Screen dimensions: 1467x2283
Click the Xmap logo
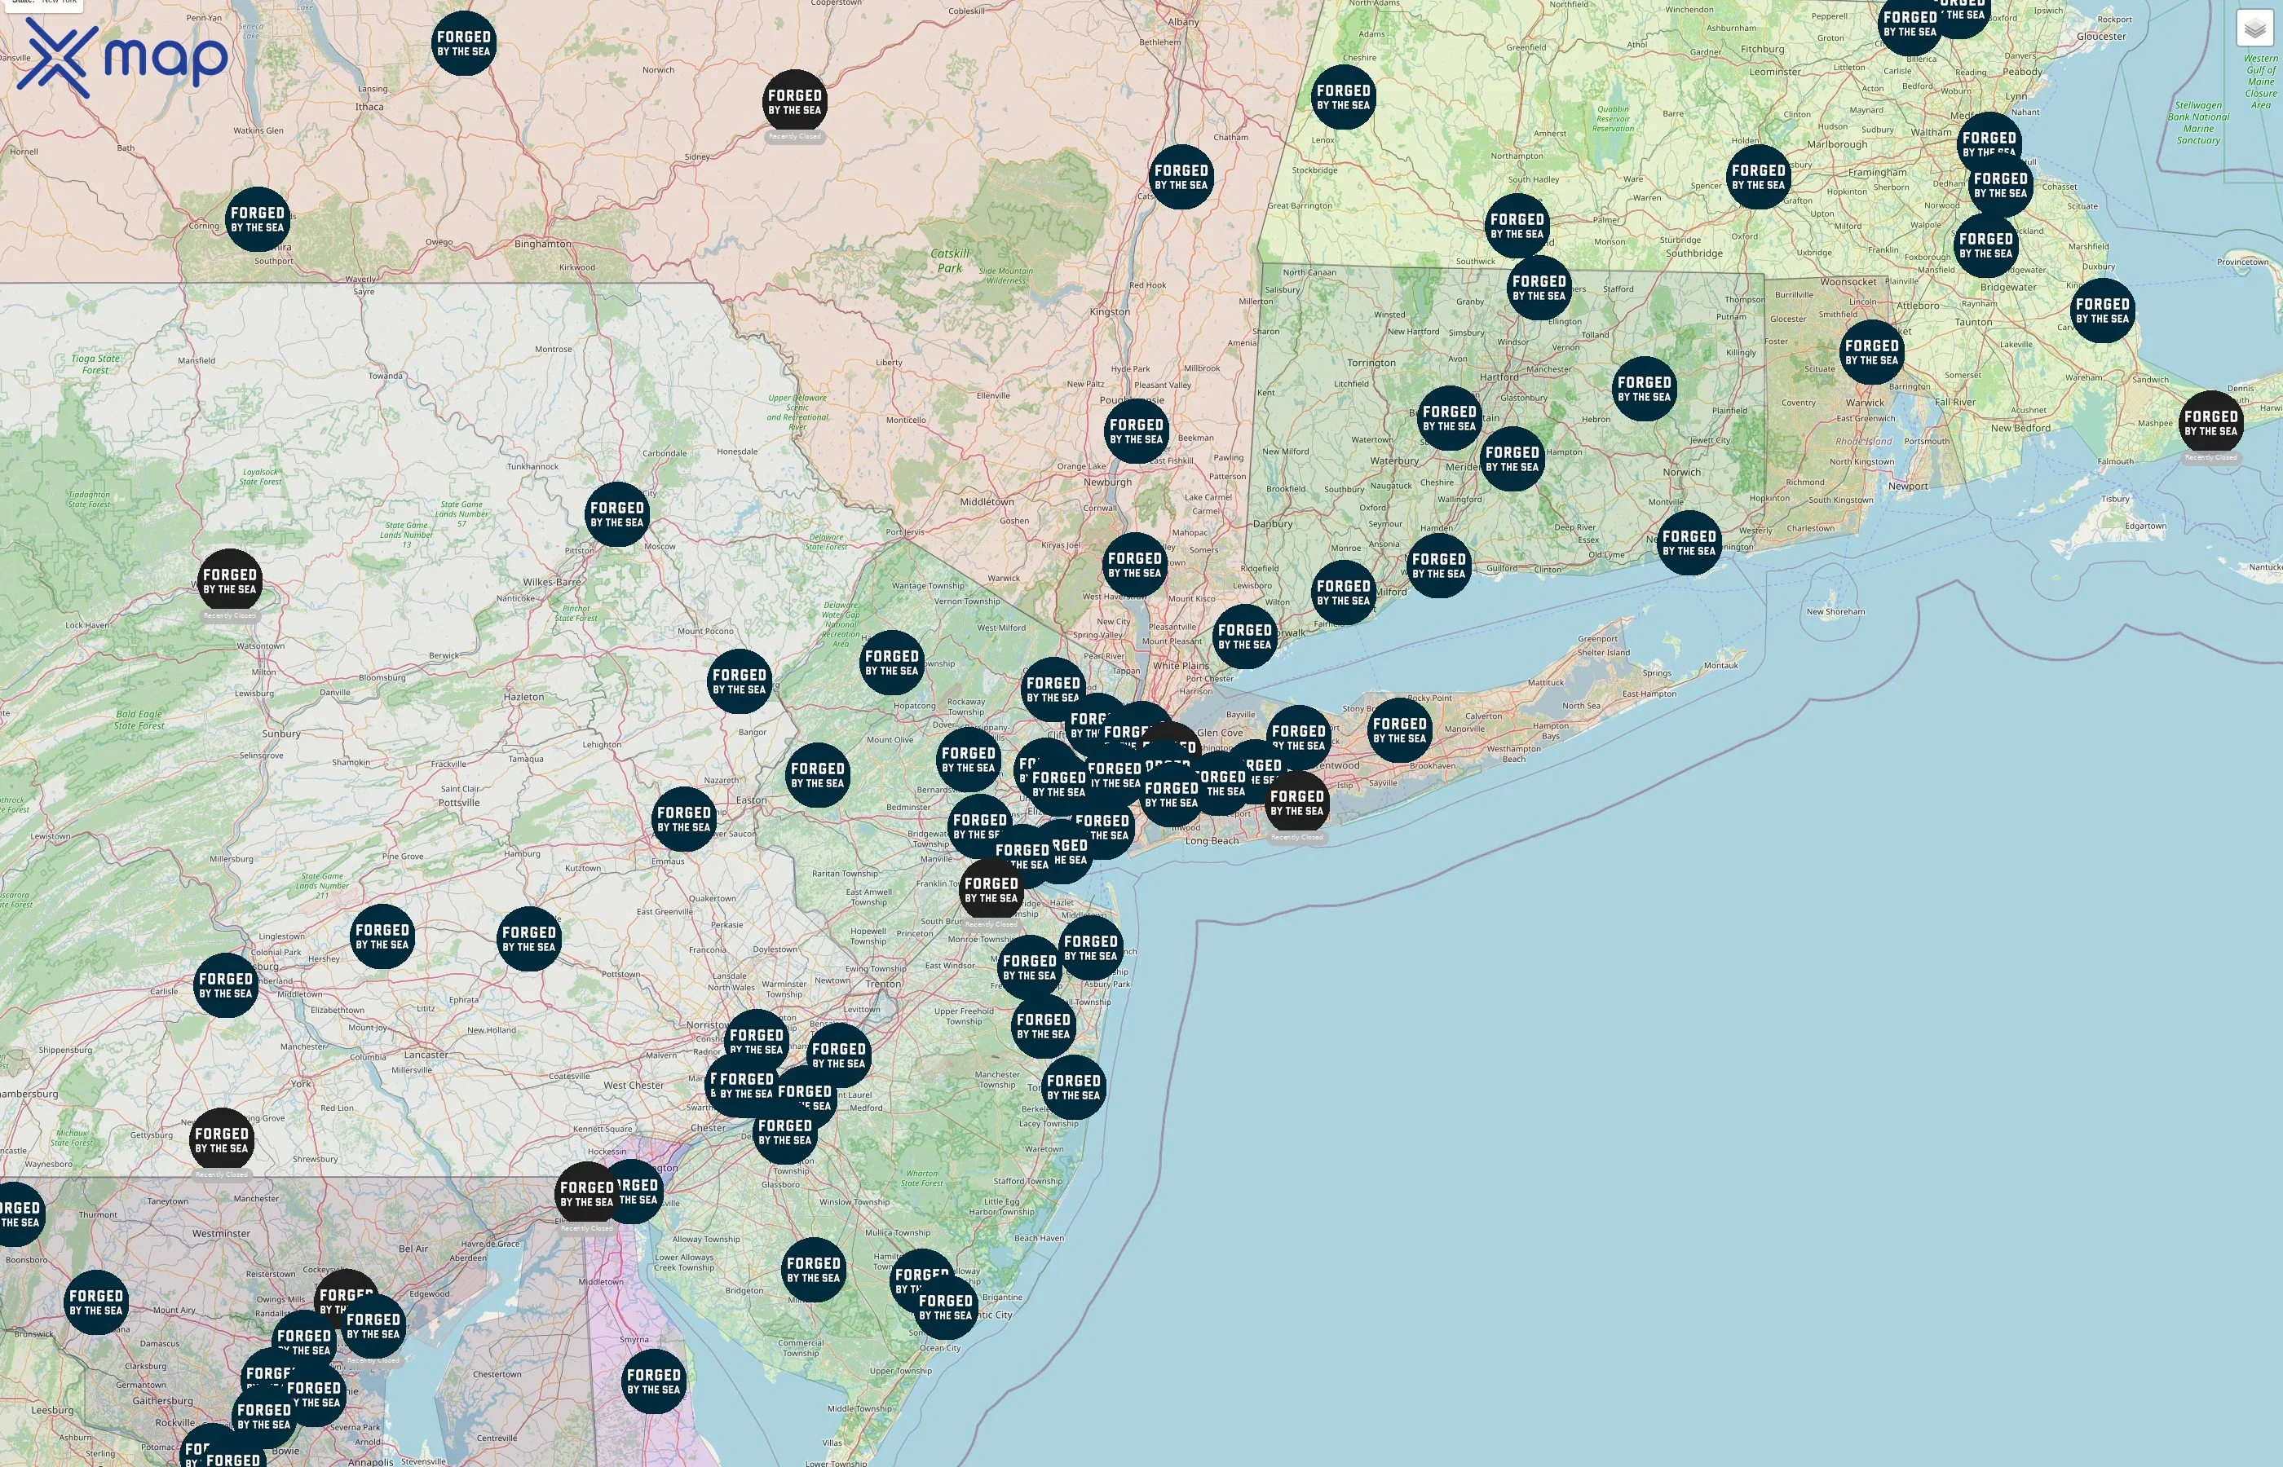122,57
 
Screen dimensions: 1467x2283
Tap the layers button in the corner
2254,29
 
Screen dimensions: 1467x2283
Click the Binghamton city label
542,244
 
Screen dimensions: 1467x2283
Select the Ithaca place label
369,107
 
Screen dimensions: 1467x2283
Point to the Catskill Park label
949,260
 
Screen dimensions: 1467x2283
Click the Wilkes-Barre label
552,582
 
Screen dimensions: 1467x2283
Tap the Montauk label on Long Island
1721,665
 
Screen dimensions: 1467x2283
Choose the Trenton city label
883,984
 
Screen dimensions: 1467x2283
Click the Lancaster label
426,1055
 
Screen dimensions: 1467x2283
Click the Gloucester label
2101,36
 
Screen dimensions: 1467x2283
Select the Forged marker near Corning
258,219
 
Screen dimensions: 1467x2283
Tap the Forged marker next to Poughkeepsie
1136,431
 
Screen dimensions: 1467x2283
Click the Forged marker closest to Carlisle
226,985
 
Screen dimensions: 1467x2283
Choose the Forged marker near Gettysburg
221,1139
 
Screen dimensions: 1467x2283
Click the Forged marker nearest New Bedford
2210,423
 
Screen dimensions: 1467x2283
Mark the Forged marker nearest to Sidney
795,102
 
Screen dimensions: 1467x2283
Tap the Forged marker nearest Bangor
740,681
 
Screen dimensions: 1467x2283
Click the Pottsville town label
459,802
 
